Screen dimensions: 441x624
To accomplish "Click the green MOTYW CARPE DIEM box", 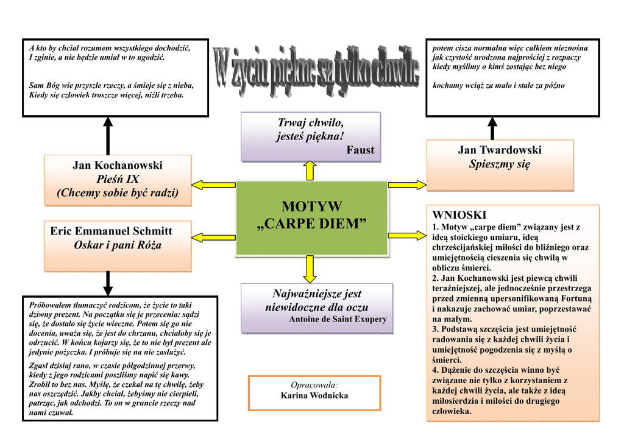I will (311, 217).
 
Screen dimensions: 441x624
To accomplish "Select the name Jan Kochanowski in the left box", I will (118, 165).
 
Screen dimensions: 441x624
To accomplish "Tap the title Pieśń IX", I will (118, 179).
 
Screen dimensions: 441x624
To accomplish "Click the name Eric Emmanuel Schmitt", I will (111, 231).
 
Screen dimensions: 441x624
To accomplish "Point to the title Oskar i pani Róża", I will (118, 245).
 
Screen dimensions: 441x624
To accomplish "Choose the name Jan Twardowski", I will (500, 150).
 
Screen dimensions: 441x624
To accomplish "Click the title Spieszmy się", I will (500, 164).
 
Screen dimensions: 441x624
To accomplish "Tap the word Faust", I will (360, 150).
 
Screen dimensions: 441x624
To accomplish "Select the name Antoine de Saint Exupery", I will (338, 319).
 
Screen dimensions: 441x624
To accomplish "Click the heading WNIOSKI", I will (459, 215).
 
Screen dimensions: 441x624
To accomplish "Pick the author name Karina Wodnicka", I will (314, 396).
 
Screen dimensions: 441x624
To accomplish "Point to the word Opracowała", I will (314, 385).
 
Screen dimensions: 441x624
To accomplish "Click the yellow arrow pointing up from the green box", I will (310, 171).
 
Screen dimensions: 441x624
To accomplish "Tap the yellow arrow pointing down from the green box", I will (310, 268).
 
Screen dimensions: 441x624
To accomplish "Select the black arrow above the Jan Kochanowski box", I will (108, 135).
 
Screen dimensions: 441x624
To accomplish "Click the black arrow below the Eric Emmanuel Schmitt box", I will (108, 283).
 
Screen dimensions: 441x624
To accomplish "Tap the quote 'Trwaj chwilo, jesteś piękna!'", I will (310, 130).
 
